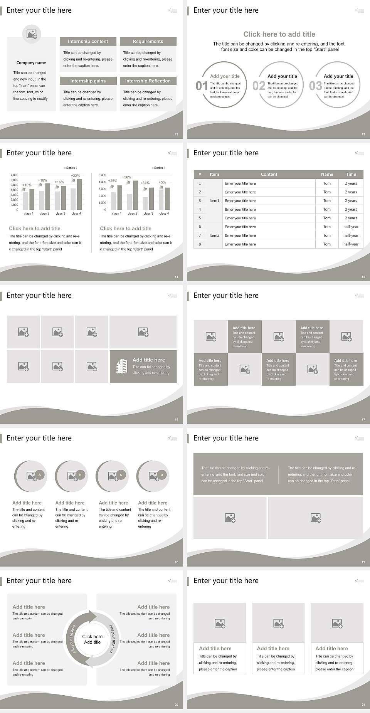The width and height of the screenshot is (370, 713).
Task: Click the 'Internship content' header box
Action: [x=88, y=41]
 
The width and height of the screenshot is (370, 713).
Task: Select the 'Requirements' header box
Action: [x=148, y=41]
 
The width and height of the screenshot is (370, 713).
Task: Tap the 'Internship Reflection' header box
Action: [x=148, y=81]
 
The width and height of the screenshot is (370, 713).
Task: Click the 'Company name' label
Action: [x=31, y=63]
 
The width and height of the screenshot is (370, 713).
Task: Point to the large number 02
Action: [x=259, y=86]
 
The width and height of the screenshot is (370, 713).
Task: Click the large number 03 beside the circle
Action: [x=315, y=86]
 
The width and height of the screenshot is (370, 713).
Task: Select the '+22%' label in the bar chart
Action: [x=76, y=176]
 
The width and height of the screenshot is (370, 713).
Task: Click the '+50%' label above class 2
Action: [x=126, y=177]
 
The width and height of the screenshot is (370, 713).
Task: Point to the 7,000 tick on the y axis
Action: [x=14, y=175]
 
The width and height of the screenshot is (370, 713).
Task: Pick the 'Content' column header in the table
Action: [x=269, y=174]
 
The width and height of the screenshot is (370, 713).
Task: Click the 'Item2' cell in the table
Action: [x=214, y=235]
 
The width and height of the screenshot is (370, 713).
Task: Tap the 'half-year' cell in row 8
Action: [x=351, y=244]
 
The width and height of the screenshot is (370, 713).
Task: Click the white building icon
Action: [x=122, y=367]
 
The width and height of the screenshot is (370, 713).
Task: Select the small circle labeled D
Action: [x=162, y=475]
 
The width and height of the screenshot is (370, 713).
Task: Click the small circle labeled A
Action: [x=40, y=475]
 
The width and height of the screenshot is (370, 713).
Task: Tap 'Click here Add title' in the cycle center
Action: [x=92, y=639]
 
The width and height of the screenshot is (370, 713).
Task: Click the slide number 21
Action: [x=363, y=705]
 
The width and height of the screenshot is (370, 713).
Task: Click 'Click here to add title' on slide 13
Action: [x=279, y=34]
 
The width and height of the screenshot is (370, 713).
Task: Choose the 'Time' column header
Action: [x=351, y=174]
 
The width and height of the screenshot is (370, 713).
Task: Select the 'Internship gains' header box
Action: [x=88, y=81]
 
